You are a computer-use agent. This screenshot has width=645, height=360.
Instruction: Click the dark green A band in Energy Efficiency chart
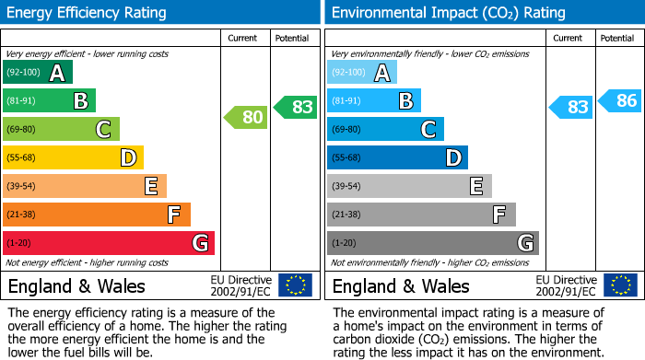click(38, 73)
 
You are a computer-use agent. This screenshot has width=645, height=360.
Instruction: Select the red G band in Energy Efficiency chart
click(109, 243)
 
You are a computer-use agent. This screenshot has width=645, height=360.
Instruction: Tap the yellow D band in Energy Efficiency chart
click(74, 157)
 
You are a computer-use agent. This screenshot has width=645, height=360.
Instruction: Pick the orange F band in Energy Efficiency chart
click(97, 215)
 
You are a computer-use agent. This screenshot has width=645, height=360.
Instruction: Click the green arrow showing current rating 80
click(245, 117)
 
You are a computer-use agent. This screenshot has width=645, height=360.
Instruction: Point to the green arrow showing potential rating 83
click(295, 107)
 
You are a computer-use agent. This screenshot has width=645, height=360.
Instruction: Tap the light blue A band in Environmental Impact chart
click(362, 73)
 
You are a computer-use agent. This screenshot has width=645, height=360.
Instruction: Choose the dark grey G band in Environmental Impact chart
click(433, 243)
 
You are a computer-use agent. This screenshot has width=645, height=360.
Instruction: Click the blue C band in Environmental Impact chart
click(385, 129)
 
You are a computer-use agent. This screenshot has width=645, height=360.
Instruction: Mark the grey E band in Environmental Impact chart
click(409, 186)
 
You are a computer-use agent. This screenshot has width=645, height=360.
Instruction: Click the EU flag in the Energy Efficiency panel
click(295, 285)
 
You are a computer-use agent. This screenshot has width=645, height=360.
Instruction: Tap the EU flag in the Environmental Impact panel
click(619, 285)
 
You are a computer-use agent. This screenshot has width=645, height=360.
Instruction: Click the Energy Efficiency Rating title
click(88, 13)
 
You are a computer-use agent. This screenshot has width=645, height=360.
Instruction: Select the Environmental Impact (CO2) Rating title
click(448, 13)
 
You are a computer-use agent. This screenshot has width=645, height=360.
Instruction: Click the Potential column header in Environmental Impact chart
click(617, 38)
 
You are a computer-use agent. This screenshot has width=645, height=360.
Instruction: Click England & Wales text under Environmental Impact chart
click(401, 286)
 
